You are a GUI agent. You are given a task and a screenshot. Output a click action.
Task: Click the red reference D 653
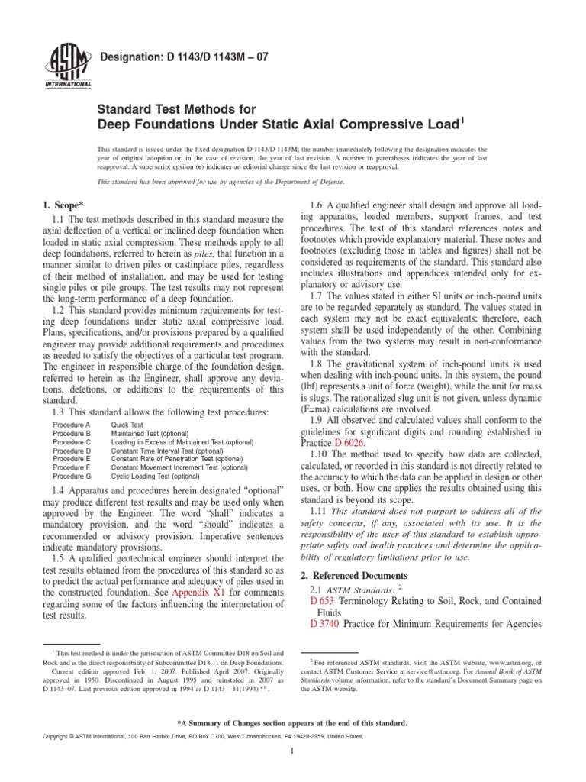(x=324, y=602)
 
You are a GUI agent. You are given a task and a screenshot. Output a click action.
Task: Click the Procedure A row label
(x=72, y=424)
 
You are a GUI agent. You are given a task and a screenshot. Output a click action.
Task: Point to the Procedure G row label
(x=72, y=476)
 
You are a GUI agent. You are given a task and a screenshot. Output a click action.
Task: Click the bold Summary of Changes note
(x=293, y=722)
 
